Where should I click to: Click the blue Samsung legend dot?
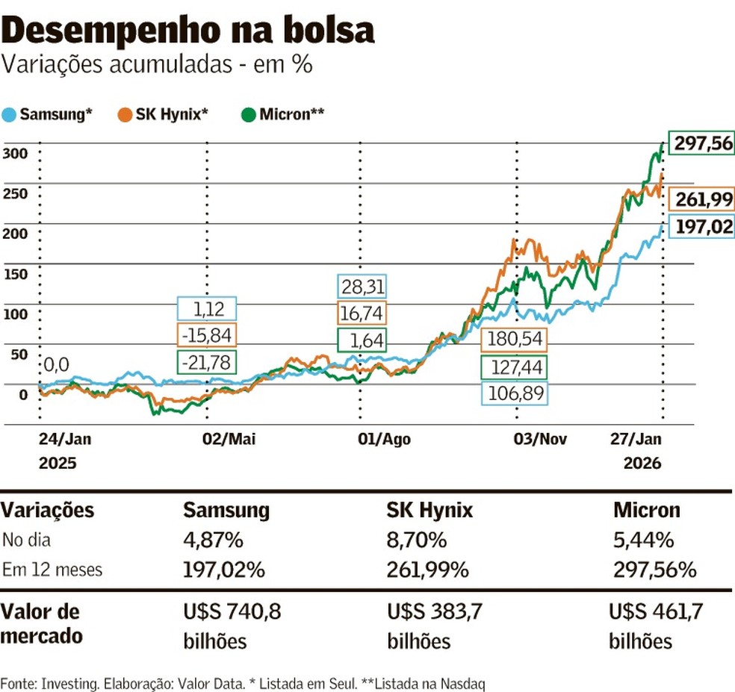(x=10, y=115)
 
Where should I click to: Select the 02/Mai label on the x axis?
(x=229, y=439)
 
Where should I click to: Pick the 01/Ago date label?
(x=384, y=439)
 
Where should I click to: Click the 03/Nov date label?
(x=540, y=439)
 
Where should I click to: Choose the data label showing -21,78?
(x=207, y=363)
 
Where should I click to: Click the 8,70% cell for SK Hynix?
(x=417, y=540)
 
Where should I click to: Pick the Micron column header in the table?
(x=647, y=511)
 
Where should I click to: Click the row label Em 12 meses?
(x=52, y=570)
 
